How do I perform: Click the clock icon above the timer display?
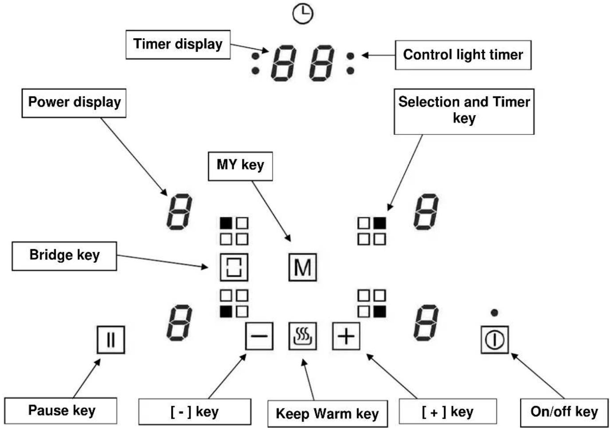[303, 14]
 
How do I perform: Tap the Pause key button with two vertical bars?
[111, 340]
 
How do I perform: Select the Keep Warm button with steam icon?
[302, 336]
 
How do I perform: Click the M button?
[302, 267]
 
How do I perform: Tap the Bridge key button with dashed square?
[234, 267]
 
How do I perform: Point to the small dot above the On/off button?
[495, 313]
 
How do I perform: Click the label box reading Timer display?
[178, 44]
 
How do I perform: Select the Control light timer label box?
[463, 55]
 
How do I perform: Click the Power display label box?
[74, 103]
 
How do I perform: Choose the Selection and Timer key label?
[464, 111]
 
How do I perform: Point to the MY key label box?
[240, 166]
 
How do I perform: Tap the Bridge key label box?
[64, 256]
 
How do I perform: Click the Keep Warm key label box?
[328, 413]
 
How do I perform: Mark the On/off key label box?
[564, 412]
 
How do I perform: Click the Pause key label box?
[61, 411]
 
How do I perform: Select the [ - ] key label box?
[195, 412]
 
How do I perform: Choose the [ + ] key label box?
[448, 412]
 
